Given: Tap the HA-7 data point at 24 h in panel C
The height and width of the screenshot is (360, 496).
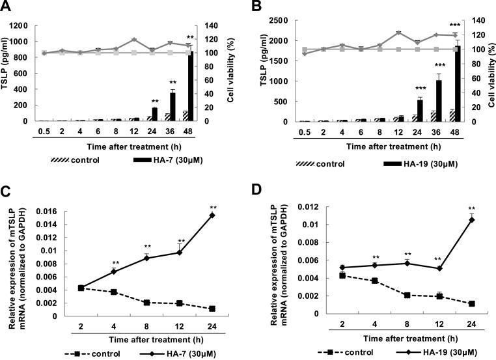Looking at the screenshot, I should (212, 215).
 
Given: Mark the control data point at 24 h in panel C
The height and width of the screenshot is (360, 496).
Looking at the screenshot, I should (212, 309).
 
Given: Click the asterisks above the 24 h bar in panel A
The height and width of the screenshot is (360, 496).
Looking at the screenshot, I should (156, 101).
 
